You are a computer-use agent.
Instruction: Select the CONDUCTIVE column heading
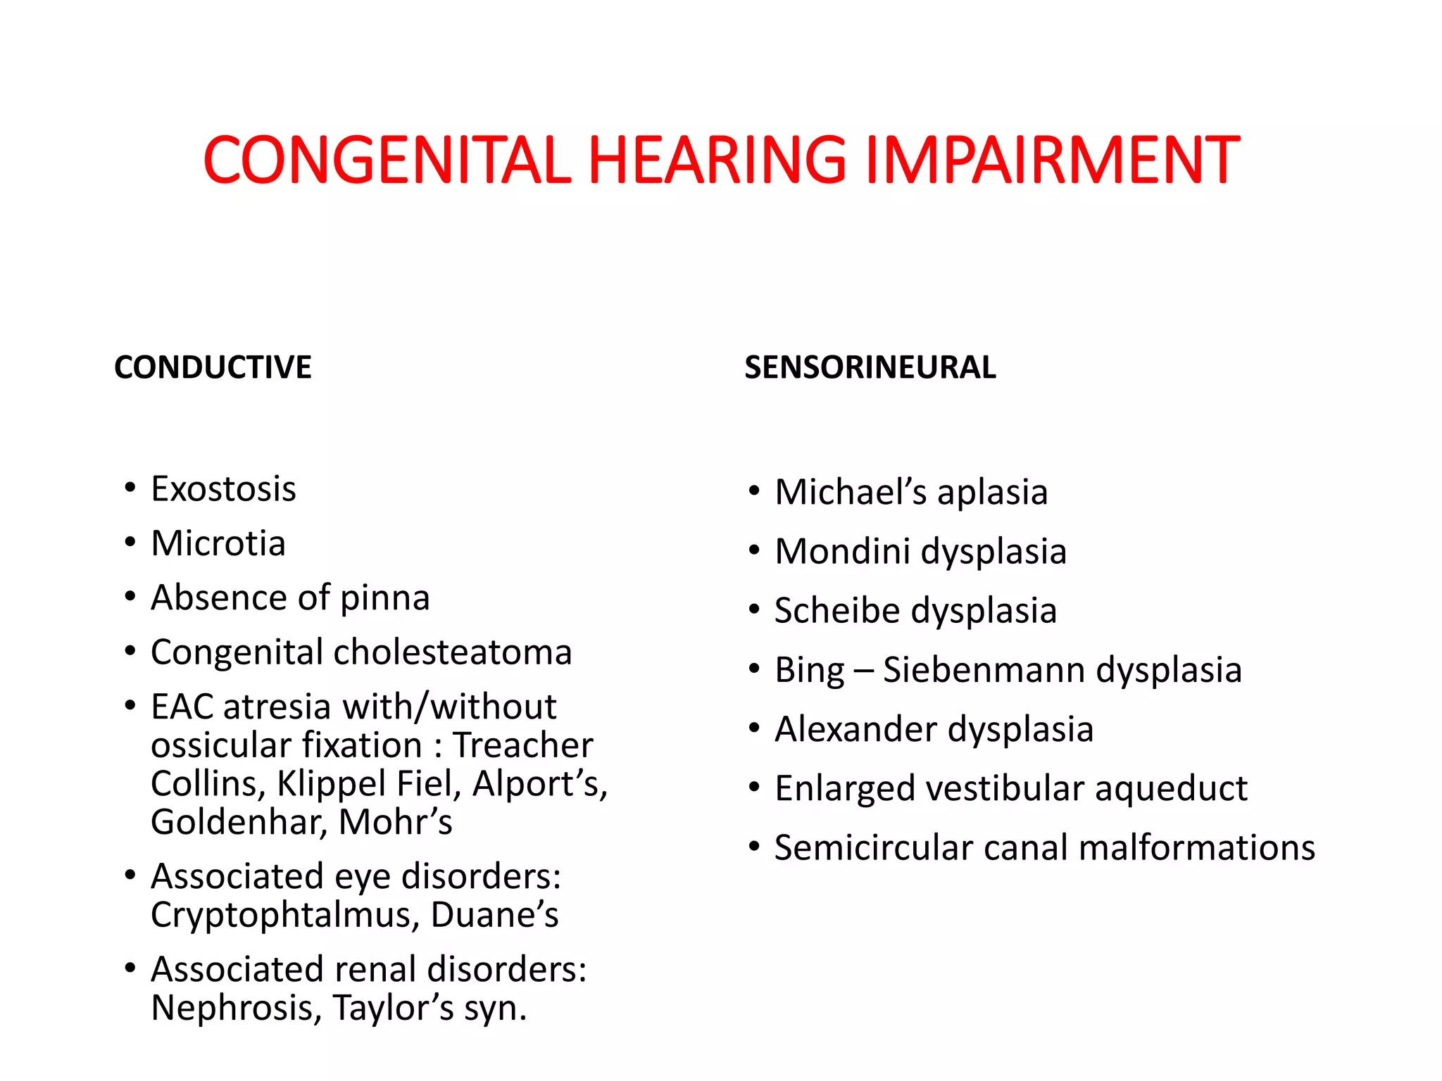[x=213, y=367]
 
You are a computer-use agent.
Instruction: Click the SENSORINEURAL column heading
[x=870, y=367]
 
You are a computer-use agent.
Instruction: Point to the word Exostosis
[x=223, y=489]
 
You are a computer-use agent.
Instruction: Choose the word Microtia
[x=218, y=543]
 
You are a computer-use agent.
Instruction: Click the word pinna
[x=384, y=598]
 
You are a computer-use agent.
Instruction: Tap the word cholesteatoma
[x=452, y=652]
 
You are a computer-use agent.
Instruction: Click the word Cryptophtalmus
[x=285, y=915]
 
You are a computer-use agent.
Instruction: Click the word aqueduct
[x=1171, y=789]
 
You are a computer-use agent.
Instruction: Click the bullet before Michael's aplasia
[x=754, y=491]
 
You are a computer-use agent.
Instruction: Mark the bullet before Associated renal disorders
[x=130, y=969]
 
